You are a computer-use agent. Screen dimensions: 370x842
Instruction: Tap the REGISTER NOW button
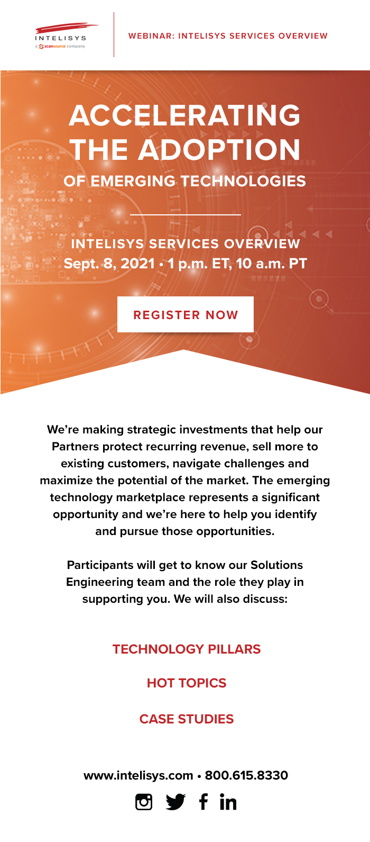point(186,314)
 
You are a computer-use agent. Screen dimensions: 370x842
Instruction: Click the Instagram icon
point(144,802)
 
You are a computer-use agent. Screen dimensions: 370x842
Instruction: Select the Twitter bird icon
point(175,802)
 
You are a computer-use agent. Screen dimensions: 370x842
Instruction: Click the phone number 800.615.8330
point(246,775)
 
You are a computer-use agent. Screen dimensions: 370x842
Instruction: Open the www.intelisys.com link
point(138,775)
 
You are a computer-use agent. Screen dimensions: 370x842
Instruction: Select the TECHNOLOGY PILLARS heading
point(187,649)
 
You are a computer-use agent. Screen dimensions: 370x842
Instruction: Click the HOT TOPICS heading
point(187,683)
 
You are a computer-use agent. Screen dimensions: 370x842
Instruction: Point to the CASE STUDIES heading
point(187,719)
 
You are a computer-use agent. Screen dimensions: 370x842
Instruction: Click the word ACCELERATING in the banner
point(184,115)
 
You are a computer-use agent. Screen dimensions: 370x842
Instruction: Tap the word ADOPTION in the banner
point(219,150)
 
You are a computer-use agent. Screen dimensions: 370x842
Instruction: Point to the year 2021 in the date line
point(138,263)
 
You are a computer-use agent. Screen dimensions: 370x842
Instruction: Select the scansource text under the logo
point(55,46)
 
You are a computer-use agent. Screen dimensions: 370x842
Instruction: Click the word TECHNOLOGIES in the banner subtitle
point(244,181)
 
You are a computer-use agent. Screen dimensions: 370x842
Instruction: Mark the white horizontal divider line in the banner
point(186,215)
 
